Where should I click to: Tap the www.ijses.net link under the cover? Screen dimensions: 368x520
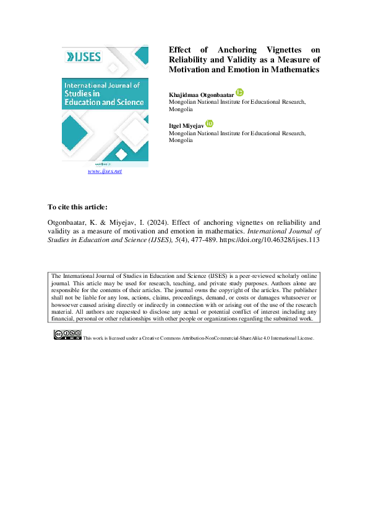pos(105,171)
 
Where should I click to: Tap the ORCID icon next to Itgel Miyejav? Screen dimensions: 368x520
pos(209,124)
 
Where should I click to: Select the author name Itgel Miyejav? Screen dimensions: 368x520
pos(187,125)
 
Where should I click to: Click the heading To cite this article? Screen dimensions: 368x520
pos(77,206)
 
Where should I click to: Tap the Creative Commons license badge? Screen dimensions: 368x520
pos(67,335)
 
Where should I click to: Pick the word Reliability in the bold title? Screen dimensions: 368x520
pos(191,59)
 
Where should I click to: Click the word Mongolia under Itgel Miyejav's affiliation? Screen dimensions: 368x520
pos(181,140)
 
